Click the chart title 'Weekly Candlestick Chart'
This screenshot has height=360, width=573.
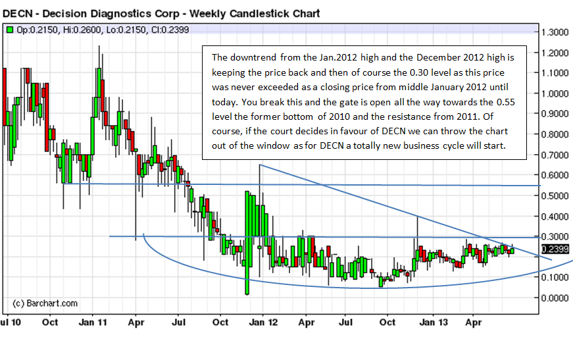(255, 13)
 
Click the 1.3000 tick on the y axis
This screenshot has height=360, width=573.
(555, 32)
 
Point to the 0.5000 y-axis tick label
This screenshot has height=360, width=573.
(555, 195)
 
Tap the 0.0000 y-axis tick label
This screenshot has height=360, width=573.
(555, 297)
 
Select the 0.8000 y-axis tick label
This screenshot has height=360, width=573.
(555, 134)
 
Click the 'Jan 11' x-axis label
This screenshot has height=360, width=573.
(93, 322)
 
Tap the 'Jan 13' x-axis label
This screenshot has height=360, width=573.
(432, 322)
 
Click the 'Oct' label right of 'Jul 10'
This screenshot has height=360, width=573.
(50, 322)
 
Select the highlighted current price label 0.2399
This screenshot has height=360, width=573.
(555, 249)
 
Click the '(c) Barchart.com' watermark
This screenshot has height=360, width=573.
(45, 303)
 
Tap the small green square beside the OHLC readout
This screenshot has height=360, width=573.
(10, 30)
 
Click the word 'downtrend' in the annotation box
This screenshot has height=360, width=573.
(255, 58)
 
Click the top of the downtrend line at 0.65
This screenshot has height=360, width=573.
(261, 165)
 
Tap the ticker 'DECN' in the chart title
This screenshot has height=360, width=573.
(18, 13)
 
